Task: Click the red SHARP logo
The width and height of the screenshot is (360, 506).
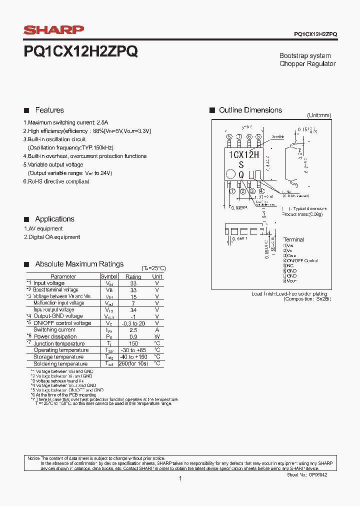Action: (x=53, y=30)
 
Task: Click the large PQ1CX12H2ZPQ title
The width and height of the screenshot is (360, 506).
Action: (x=80, y=51)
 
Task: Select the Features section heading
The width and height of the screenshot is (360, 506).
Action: (x=49, y=110)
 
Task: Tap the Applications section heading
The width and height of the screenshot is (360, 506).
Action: (x=54, y=219)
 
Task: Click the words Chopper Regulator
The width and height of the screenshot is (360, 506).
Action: (x=307, y=64)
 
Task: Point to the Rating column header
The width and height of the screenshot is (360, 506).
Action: (x=133, y=276)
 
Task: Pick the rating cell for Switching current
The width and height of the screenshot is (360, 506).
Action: (x=133, y=330)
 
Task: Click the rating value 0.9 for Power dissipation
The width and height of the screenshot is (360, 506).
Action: (x=133, y=336)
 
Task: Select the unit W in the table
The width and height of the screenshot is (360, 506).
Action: (x=157, y=336)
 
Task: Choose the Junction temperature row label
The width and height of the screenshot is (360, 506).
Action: (x=59, y=343)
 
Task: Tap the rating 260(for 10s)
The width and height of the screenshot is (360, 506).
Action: (x=133, y=364)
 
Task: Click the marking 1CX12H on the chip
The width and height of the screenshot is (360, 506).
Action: (x=243, y=154)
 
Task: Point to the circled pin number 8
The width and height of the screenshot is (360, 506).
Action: (x=229, y=136)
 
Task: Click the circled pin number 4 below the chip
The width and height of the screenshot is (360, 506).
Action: (x=261, y=191)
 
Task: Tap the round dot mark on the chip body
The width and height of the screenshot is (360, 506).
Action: (x=230, y=174)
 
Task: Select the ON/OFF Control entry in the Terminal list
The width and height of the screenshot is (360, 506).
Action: (x=301, y=260)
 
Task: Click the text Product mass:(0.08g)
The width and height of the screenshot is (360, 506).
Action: (x=302, y=214)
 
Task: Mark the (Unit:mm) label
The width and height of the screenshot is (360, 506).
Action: (x=319, y=115)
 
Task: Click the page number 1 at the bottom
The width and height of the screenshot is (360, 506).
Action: (x=180, y=478)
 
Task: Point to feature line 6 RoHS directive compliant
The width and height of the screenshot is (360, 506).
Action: (x=56, y=181)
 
